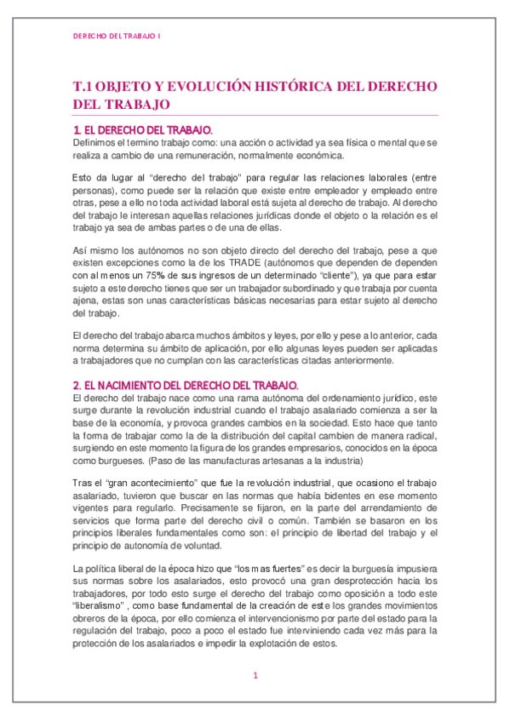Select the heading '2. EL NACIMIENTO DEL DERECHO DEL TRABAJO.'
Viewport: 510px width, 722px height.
pyautogui.click(x=185, y=385)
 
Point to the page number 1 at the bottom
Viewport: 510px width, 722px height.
pyautogui.click(x=255, y=676)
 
